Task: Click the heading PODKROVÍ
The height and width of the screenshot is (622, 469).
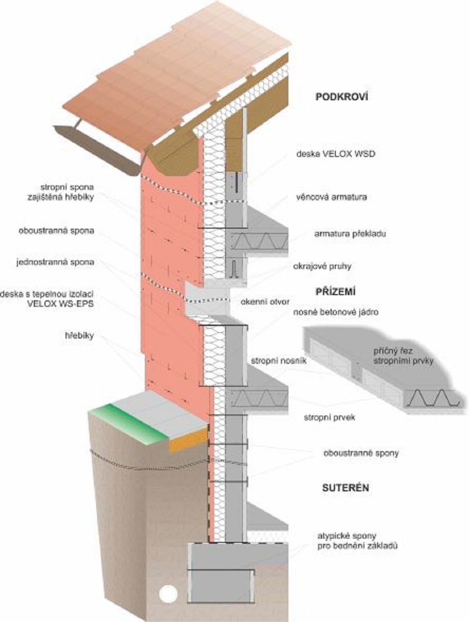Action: (341, 96)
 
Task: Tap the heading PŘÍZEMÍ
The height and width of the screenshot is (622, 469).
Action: (336, 291)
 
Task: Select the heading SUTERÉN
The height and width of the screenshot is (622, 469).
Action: (345, 488)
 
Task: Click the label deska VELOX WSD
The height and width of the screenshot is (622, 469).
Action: (336, 154)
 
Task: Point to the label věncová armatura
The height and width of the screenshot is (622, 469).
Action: (332, 197)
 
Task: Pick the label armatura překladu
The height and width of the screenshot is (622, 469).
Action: (350, 234)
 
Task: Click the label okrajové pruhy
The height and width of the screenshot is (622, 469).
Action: (322, 267)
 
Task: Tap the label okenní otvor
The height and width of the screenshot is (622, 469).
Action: (265, 302)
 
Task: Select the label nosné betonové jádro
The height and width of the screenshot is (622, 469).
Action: (336, 312)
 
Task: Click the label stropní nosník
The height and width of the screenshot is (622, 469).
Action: (279, 361)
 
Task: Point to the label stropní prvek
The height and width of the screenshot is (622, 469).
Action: (329, 417)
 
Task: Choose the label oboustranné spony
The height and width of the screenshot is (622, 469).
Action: (361, 453)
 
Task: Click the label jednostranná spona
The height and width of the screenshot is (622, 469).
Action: (55, 262)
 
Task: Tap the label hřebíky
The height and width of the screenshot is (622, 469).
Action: (79, 336)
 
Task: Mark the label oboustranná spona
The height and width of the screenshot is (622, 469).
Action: (56, 230)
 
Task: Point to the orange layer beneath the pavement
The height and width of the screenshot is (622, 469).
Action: (188, 440)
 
